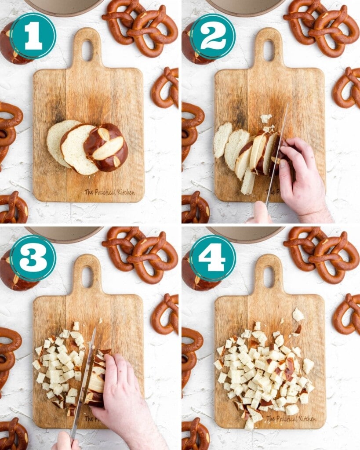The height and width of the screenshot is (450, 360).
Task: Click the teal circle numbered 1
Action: pyautogui.click(x=33, y=36)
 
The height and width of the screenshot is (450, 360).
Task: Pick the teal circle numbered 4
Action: pyautogui.click(x=213, y=258)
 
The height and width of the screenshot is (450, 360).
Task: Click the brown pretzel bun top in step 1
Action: pyautogui.click(x=106, y=147)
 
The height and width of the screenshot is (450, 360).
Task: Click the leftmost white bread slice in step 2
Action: pyautogui.click(x=222, y=140)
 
